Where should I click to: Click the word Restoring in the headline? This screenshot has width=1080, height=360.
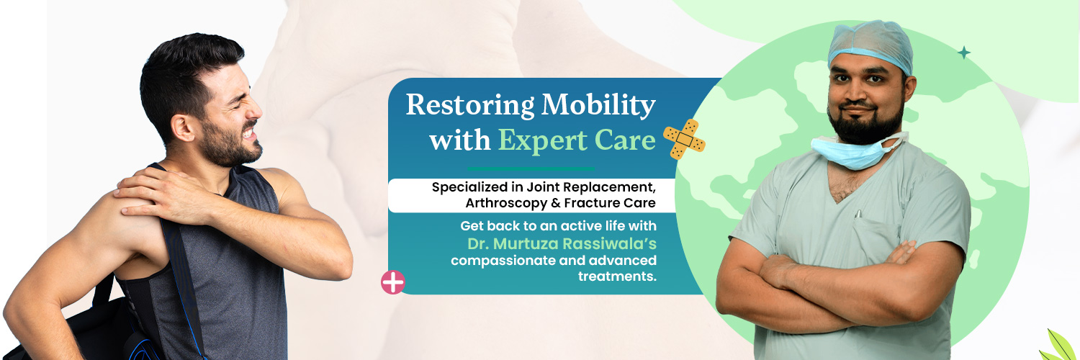(x=470, y=106)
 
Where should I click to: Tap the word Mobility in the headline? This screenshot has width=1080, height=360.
(x=598, y=106)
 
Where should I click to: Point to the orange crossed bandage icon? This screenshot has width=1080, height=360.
(x=684, y=139)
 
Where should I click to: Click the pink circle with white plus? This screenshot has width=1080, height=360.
(x=393, y=282)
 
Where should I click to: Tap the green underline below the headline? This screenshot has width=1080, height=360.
(x=531, y=168)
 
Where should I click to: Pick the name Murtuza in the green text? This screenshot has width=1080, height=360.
(x=526, y=244)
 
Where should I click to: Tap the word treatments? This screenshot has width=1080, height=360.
(x=617, y=276)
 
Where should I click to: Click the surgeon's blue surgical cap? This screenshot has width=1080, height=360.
(x=870, y=46)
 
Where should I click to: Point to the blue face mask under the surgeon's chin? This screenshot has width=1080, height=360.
(x=852, y=151)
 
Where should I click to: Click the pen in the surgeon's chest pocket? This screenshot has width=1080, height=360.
(x=858, y=214)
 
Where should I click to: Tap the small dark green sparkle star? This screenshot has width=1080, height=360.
(x=964, y=53)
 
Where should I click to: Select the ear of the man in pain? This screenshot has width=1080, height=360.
(x=183, y=127)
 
